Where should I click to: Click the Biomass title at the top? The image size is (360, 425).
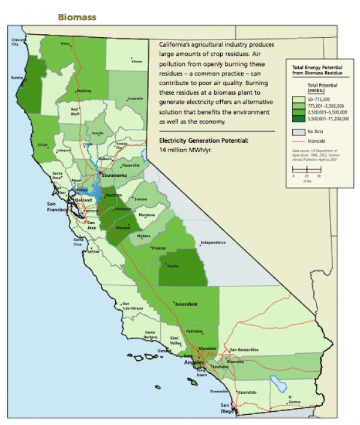[77, 17]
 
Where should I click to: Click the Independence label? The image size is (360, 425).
[213, 242]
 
